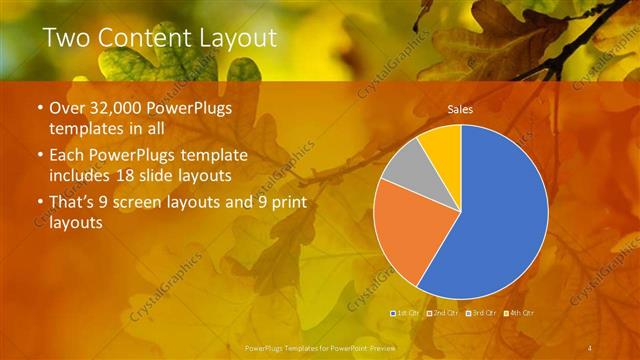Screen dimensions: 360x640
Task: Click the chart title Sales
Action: pyautogui.click(x=460, y=109)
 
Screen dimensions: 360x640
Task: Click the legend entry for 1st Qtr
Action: pyautogui.click(x=406, y=313)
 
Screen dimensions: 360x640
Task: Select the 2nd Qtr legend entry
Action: pyautogui.click(x=444, y=313)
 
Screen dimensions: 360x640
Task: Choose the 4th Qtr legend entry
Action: pyautogui.click(x=521, y=313)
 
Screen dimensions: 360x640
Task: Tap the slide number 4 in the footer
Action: pyautogui.click(x=591, y=347)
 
